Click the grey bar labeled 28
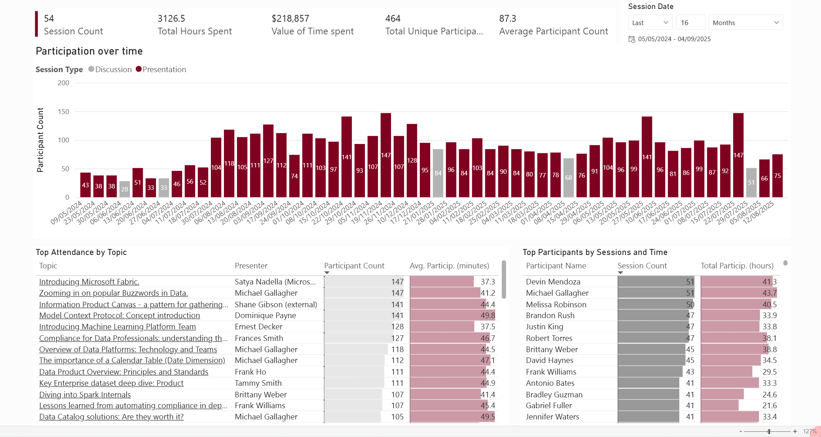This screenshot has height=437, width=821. pos(124,189)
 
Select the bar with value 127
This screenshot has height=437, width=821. pos(268,161)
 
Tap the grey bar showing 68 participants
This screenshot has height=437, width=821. pos(568,178)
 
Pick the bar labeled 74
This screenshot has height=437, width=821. pos(294,176)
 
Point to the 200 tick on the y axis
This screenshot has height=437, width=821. pos(64,83)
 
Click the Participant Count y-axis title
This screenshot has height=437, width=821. pos(40,140)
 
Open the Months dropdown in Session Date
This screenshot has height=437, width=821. pos(745,23)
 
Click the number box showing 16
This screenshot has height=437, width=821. pos(690,23)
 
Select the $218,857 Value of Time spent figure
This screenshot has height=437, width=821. pos(290,19)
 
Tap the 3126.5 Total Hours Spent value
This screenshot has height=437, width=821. pos(171,19)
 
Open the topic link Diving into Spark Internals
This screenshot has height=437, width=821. pos(85,395)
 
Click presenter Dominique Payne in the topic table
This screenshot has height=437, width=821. pos(265,316)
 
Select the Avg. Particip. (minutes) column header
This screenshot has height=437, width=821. pos(449,266)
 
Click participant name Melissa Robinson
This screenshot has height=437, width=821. pos(556,305)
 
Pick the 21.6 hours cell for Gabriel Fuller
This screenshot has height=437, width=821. pos(769,406)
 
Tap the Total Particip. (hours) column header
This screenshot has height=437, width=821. pos(737,266)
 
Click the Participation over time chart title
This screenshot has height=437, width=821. pos(89,51)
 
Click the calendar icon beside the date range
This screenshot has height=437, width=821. pos(632,39)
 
